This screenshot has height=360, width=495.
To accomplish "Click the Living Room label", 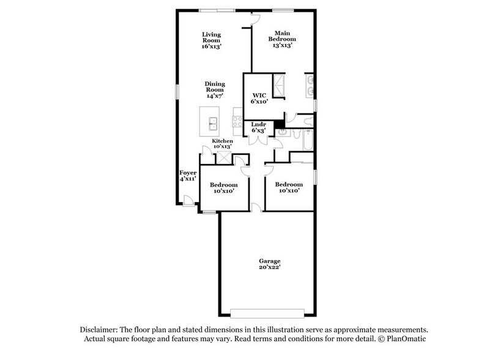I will click(x=212, y=37).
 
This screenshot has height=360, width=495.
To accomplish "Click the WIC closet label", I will click(x=258, y=95).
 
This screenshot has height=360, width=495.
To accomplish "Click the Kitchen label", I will click(x=222, y=141).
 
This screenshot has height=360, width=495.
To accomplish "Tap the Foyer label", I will click(x=188, y=173).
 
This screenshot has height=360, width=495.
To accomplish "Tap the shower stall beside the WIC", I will click(x=278, y=86).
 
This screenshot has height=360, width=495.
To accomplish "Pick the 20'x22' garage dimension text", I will click(x=269, y=267).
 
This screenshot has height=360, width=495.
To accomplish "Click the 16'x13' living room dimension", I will click(x=212, y=47).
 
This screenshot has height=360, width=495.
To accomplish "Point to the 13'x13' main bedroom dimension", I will click(x=282, y=45).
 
